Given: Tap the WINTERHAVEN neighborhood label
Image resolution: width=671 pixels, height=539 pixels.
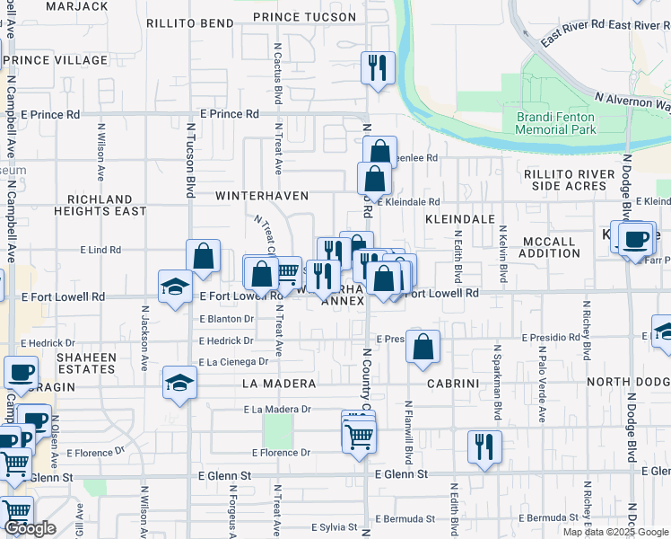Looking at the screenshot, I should [261, 195].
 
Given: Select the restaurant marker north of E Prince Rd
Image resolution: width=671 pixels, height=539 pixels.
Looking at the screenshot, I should [378, 68].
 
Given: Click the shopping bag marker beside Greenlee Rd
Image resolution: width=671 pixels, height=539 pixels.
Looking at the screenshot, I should [379, 152].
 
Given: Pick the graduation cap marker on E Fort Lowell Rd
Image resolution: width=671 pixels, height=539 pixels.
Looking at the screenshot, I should [175, 287].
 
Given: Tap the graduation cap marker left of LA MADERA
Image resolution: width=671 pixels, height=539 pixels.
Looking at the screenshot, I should [179, 383].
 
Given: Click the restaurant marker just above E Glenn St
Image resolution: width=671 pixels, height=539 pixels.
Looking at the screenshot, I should [484, 446].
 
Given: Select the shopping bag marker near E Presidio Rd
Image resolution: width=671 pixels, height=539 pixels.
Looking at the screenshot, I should [423, 346].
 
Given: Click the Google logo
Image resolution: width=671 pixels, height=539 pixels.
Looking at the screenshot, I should [30, 528].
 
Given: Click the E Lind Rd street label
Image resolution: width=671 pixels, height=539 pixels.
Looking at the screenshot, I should [100, 249].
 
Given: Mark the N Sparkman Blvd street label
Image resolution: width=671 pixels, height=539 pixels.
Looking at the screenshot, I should [496, 382].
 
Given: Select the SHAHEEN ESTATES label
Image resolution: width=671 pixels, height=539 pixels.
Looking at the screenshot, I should [87, 363].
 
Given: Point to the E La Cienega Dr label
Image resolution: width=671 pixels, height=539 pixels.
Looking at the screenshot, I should [233, 361].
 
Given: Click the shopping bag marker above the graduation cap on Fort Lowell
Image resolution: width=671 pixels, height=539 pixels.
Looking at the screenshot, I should [204, 255].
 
